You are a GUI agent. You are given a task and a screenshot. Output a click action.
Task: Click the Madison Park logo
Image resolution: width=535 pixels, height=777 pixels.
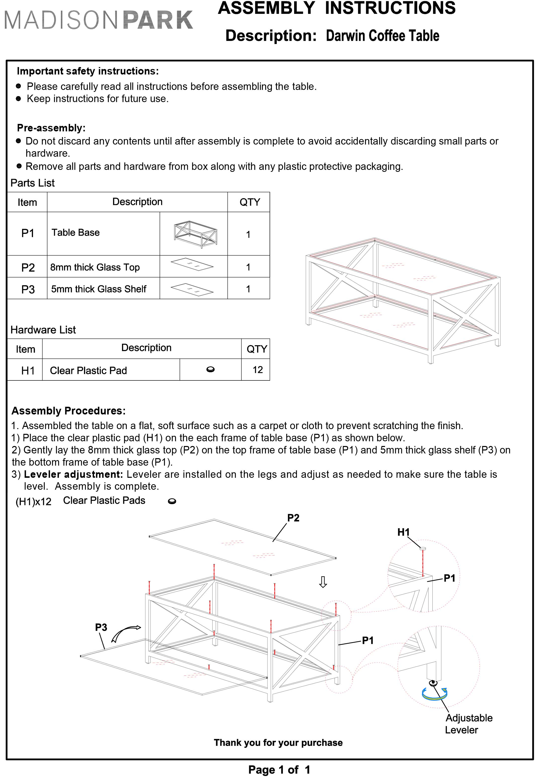click(99, 20)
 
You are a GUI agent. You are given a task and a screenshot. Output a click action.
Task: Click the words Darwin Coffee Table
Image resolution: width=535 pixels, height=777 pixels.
click(382, 36)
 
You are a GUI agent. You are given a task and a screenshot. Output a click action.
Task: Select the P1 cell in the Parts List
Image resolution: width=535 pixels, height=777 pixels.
click(28, 233)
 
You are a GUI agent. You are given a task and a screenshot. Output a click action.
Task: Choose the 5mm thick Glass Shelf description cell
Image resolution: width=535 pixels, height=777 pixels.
click(99, 289)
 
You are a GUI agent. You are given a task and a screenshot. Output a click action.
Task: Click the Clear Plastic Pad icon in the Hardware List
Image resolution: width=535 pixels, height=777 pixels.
click(211, 370)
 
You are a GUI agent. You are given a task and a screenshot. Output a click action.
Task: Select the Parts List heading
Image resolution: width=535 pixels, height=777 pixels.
click(33, 183)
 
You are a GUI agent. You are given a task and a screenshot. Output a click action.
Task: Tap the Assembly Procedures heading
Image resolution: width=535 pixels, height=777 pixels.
click(68, 411)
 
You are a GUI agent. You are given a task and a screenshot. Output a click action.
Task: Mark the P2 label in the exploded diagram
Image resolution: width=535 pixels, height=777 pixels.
click(293, 518)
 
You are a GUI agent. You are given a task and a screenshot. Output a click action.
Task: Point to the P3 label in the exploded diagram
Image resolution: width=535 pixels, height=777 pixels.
click(101, 627)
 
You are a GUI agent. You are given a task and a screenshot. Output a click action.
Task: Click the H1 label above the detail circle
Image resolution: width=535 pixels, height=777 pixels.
click(404, 532)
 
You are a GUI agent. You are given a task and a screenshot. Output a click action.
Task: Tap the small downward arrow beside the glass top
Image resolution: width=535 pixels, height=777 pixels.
click(323, 582)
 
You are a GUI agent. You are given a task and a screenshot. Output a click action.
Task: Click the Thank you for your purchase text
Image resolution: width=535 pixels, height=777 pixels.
click(278, 742)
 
